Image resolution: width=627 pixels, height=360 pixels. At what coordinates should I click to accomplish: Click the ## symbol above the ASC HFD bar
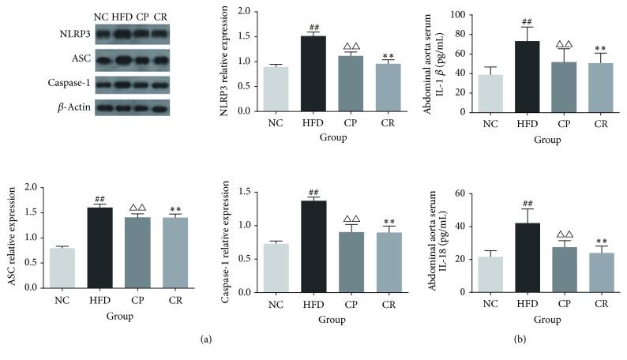(99, 199)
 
